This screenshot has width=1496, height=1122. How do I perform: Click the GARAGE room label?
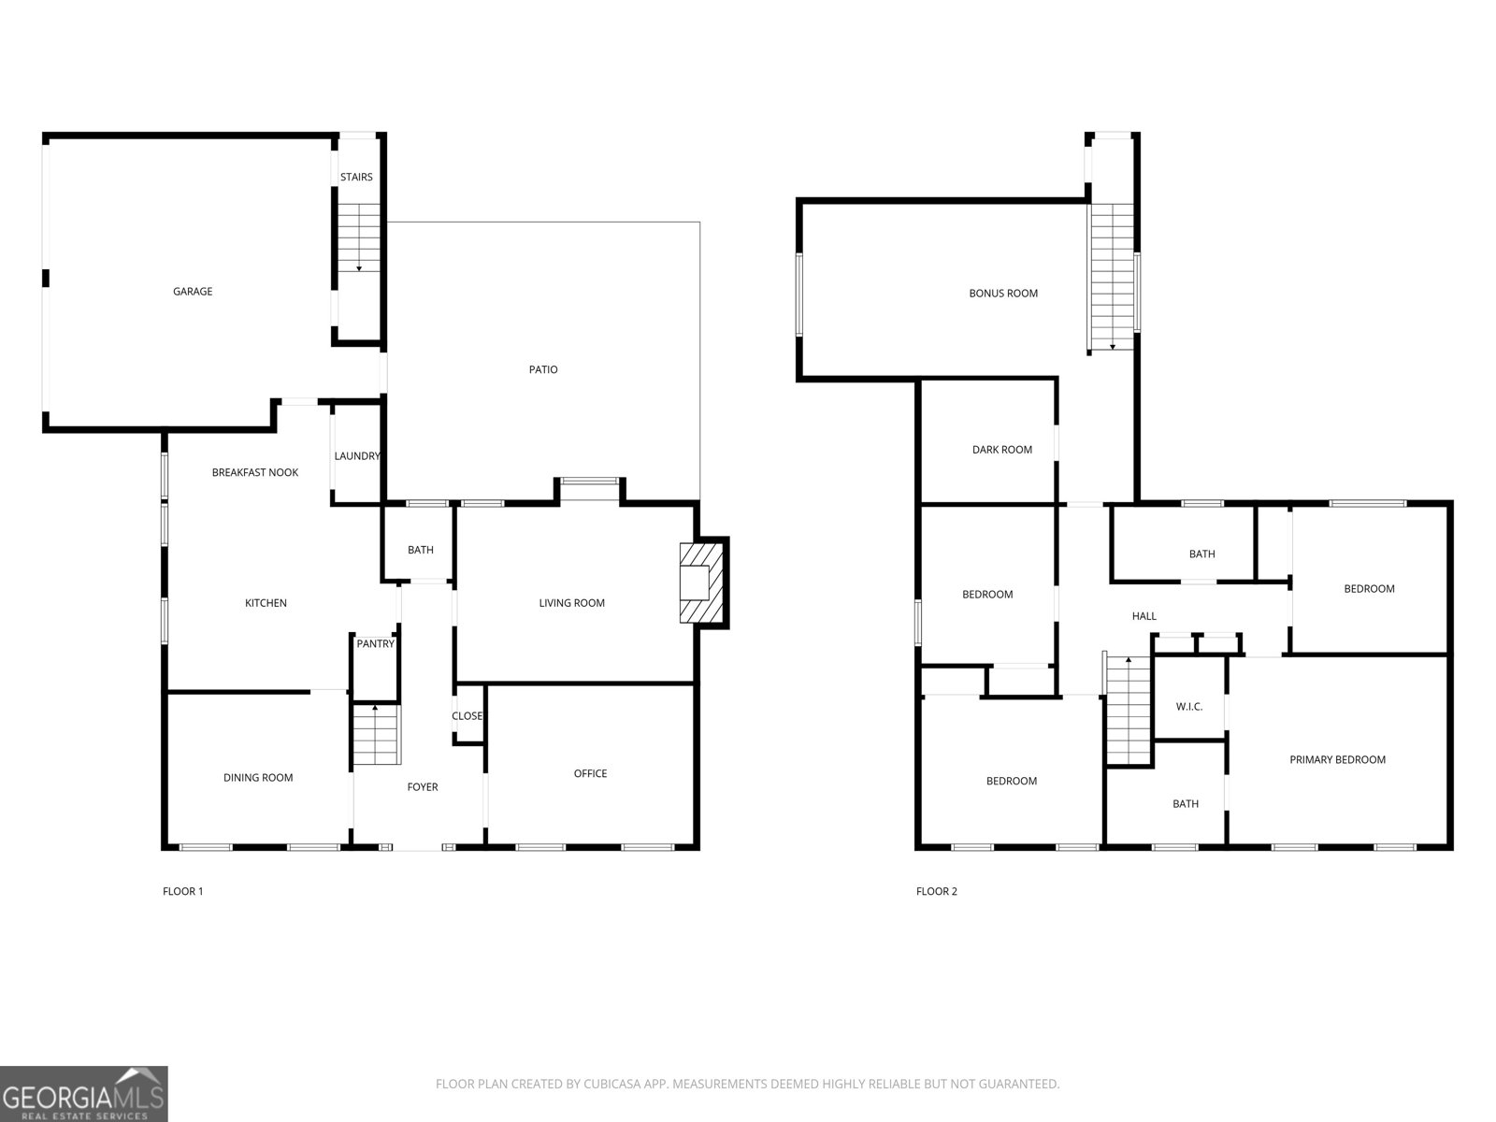click(193, 292)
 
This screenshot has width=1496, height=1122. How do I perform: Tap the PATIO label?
click(543, 369)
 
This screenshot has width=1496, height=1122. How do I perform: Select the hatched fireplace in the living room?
click(701, 583)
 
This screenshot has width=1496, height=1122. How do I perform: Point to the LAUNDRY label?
click(357, 455)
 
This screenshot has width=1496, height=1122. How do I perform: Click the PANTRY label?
click(376, 644)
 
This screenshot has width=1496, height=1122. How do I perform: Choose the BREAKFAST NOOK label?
click(255, 472)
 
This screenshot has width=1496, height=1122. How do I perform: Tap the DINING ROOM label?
click(258, 777)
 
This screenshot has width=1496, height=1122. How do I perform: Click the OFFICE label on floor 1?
click(590, 773)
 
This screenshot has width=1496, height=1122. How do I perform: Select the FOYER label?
click(423, 787)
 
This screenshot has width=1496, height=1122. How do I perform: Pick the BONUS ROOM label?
click(1003, 294)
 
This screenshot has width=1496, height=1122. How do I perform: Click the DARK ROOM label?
click(1002, 450)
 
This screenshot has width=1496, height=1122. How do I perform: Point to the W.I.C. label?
click(1189, 707)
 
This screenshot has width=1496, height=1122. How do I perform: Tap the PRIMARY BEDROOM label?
click(1337, 759)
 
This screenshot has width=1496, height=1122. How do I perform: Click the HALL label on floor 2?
click(1144, 616)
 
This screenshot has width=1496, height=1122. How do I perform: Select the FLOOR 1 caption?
click(182, 891)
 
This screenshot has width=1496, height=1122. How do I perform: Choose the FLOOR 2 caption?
click(937, 891)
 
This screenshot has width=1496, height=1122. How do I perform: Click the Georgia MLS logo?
click(84, 1094)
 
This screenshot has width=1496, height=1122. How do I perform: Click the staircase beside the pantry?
click(376, 734)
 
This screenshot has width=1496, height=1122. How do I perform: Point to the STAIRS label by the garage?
click(356, 177)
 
